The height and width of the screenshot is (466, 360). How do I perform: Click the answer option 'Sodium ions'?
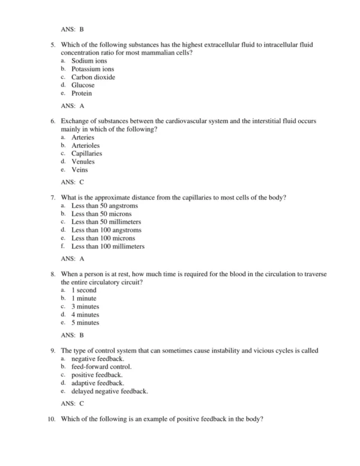[x=88, y=61]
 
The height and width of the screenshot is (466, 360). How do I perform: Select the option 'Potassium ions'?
[x=92, y=70]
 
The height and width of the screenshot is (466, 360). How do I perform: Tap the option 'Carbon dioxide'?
[x=93, y=77]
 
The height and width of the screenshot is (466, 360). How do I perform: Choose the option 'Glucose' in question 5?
[x=83, y=85]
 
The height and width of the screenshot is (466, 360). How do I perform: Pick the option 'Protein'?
[x=82, y=94]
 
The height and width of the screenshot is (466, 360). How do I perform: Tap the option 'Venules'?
[x=83, y=162]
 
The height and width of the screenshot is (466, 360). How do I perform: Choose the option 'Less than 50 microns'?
[x=101, y=214]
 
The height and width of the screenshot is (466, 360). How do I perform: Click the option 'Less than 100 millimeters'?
[x=108, y=246]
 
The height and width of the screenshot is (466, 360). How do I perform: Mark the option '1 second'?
[x=85, y=290]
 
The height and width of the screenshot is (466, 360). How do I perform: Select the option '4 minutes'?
[x=86, y=315]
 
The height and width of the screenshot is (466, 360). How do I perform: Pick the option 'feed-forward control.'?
[x=101, y=366]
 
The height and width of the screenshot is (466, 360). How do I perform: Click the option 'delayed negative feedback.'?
[x=109, y=391]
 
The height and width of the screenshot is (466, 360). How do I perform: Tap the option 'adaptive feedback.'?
[x=98, y=383]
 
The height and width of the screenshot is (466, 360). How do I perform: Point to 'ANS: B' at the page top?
[x=73, y=28]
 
